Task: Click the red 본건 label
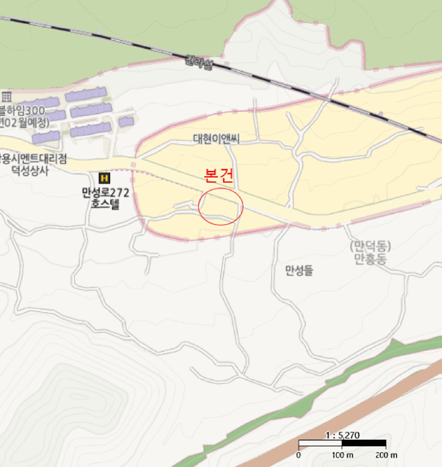click(x=219, y=176)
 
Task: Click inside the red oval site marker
click(x=221, y=205)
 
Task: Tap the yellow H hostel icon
click(x=104, y=178)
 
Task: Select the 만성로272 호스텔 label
click(x=105, y=198)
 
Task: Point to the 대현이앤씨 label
click(x=215, y=139)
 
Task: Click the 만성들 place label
click(x=298, y=270)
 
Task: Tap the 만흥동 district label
click(x=370, y=258)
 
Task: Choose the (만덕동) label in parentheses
click(x=370, y=246)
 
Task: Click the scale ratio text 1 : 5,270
click(x=341, y=435)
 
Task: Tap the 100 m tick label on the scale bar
click(x=341, y=455)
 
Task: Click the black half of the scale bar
click(x=364, y=444)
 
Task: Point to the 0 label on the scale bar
click(x=298, y=455)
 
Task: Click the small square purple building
click(x=125, y=121)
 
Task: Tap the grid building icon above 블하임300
click(x=7, y=96)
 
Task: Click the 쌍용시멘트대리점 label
click(x=33, y=159)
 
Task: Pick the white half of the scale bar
click(x=320, y=444)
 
